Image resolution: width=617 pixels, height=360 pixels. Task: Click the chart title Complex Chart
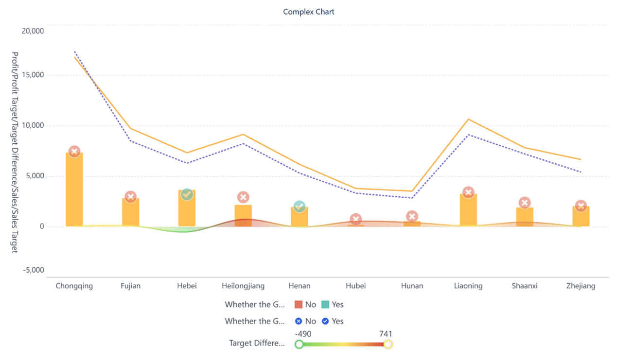point(309,12)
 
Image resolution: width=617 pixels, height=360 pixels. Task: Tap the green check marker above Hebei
point(187,195)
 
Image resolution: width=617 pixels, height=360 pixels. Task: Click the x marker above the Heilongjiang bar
point(243,197)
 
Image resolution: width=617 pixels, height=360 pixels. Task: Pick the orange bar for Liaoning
point(468,210)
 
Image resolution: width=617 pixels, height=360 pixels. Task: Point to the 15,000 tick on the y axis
point(34,75)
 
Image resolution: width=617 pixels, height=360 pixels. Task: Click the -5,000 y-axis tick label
point(34,270)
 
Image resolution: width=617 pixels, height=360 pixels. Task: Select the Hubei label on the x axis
point(355,286)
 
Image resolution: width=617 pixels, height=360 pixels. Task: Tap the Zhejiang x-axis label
point(581,286)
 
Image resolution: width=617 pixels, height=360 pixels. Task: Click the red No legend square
point(299,305)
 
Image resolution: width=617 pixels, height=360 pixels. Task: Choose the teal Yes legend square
point(325,305)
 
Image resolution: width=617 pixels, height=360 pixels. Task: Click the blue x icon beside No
point(299,321)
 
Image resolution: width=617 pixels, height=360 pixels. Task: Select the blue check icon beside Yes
point(325,321)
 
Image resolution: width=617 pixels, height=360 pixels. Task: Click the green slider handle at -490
point(299,344)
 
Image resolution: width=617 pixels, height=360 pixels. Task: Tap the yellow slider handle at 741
point(388,344)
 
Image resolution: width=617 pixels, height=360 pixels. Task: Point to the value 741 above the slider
point(386,334)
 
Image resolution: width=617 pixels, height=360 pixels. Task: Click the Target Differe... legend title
point(257,343)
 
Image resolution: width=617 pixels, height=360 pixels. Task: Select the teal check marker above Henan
point(300,207)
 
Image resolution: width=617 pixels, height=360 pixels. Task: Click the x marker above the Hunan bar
point(412,217)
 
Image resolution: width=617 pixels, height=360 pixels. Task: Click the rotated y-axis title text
point(15,152)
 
